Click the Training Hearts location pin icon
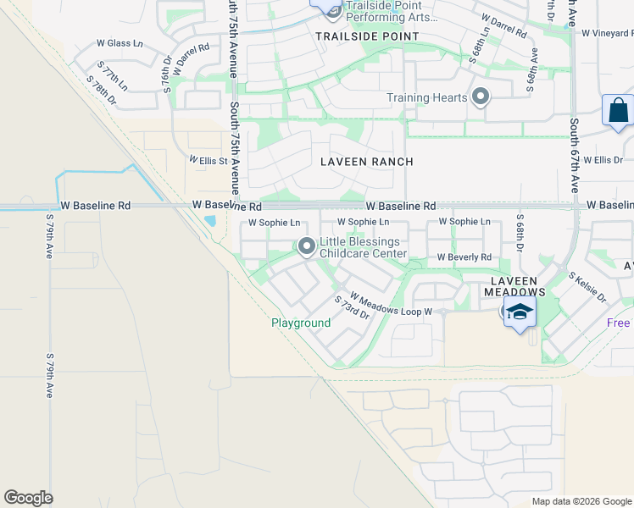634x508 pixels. [481, 97]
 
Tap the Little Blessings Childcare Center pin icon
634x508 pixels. [306, 246]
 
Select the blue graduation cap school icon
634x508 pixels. [520, 312]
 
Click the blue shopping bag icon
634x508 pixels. [618, 111]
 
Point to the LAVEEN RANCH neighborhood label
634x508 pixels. [367, 162]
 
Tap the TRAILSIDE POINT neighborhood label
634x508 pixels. [367, 36]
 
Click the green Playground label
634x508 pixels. [301, 323]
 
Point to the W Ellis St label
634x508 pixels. [209, 161]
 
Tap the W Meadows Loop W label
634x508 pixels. [392, 305]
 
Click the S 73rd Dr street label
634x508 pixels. [352, 306]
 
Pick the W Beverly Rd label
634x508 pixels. [464, 257]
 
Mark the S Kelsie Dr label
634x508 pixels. [587, 287]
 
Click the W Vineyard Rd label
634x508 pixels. [607, 32]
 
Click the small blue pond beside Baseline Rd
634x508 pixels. [209, 222]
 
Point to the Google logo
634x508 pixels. [28, 498]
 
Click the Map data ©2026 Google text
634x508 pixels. [581, 501]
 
